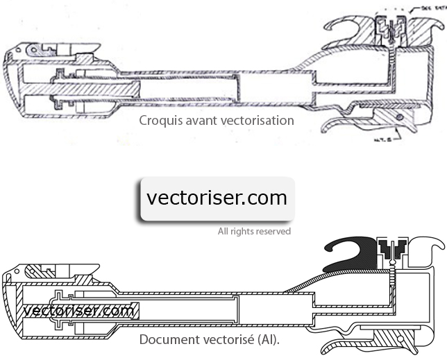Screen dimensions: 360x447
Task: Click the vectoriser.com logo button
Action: pyautogui.click(x=217, y=198)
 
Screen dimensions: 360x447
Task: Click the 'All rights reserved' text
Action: pyautogui.click(x=254, y=231)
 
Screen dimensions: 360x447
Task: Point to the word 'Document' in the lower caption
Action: pyautogui.click(x=167, y=340)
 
